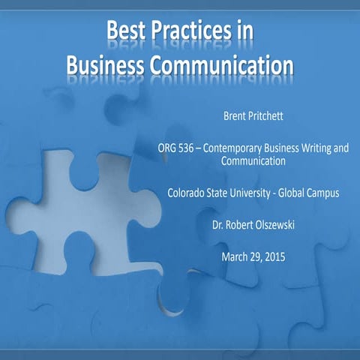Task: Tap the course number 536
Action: point(190,148)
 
